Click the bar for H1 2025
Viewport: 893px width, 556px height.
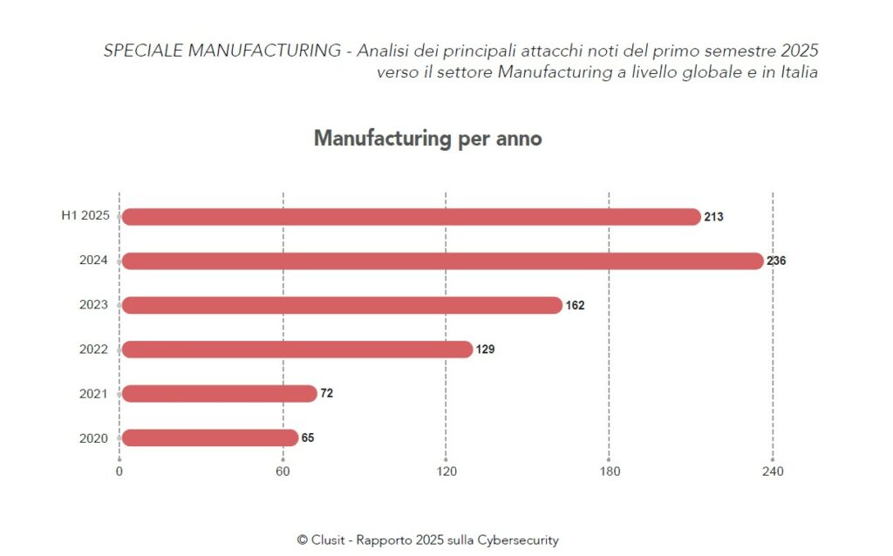click(x=410, y=217)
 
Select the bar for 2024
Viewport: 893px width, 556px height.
click(x=442, y=261)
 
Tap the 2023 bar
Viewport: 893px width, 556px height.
click(x=342, y=305)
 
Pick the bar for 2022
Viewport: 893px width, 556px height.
click(x=297, y=349)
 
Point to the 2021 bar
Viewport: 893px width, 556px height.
click(x=219, y=394)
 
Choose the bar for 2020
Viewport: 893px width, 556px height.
click(x=209, y=437)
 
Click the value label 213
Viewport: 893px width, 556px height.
click(x=713, y=217)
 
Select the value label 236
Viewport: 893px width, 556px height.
click(x=776, y=261)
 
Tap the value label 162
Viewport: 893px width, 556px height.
click(x=575, y=305)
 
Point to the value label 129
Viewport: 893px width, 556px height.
click(x=486, y=349)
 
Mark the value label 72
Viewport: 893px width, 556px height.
click(x=326, y=394)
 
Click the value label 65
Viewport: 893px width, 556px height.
click(x=308, y=437)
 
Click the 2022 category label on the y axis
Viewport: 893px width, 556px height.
click(x=93, y=349)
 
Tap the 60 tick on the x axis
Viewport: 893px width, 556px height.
click(x=283, y=472)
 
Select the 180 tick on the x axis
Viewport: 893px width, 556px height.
click(x=610, y=472)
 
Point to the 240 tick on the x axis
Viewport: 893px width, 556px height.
click(x=773, y=472)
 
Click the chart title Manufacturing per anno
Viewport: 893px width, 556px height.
click(x=427, y=139)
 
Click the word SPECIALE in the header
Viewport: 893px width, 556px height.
click(x=140, y=51)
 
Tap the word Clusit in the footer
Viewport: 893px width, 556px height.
click(x=328, y=540)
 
